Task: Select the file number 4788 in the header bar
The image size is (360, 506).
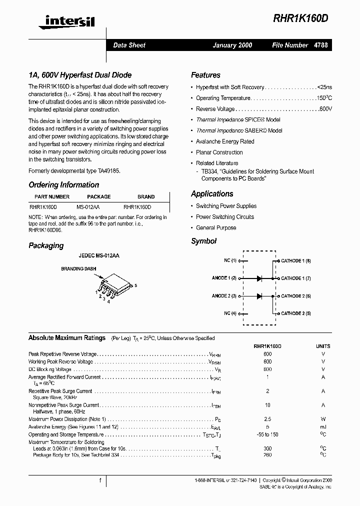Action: tap(321, 45)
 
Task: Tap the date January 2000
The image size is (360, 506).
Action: tap(232, 45)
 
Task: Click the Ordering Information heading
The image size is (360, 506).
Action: tap(63, 185)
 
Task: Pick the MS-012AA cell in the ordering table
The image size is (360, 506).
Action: tap(88, 206)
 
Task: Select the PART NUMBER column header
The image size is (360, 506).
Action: tap(52, 197)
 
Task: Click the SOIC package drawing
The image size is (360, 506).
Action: tap(113, 287)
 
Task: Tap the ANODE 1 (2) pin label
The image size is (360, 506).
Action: tap(224, 278)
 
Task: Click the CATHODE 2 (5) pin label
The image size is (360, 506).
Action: tap(296, 313)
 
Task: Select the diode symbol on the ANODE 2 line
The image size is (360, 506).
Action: tap(259, 296)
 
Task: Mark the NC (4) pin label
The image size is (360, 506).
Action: tap(229, 313)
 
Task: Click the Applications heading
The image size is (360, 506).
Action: tap(212, 194)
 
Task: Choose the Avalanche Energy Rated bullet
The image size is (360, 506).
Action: tap(225, 141)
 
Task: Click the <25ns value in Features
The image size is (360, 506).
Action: tap(324, 87)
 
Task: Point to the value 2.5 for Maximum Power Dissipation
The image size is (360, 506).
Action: tap(267, 419)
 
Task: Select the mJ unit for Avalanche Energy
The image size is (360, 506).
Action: tap(323, 427)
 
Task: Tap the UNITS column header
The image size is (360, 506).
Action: tap(323, 346)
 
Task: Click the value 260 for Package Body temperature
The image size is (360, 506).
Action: tap(267, 455)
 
